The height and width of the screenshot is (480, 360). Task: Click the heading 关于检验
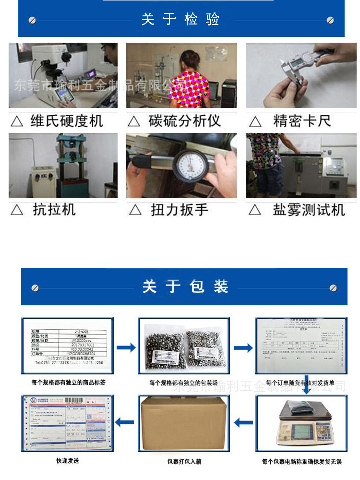[180, 19]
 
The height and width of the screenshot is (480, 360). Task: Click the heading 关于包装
[185, 287]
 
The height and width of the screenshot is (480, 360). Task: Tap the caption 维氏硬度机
[67, 120]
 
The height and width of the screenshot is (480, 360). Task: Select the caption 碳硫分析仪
[184, 120]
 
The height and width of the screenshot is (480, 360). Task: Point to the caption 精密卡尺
[302, 120]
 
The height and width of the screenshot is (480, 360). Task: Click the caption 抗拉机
[54, 210]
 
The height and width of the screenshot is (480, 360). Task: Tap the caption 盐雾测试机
[309, 210]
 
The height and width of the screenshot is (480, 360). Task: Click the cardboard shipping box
[181, 424]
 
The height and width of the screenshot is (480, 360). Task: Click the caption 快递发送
[67, 461]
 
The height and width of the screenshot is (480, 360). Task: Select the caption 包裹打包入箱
[184, 462]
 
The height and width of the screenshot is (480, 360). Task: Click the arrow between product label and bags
[126, 347]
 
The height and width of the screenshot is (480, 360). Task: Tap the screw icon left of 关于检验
[33, 20]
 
